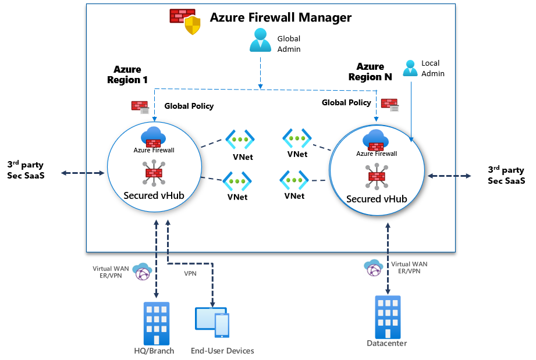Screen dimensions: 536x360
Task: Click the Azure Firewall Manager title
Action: pos(281,17)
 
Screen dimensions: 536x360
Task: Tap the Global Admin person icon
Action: pos(261,40)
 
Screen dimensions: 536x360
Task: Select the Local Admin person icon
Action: pos(410,68)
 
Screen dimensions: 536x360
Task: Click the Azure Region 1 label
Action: pos(127,74)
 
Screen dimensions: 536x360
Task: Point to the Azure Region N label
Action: pos(370,72)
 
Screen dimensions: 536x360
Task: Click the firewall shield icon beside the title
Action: pos(185,22)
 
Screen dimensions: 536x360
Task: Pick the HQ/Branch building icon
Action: pos(156,323)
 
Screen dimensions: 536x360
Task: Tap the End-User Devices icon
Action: pos(212,322)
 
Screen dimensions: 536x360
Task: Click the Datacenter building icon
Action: pos(388,317)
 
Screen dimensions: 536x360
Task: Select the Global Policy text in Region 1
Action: pos(189,106)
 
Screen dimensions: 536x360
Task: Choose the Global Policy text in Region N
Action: pos(346,102)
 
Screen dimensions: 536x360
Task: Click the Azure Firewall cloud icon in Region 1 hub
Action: pos(153,137)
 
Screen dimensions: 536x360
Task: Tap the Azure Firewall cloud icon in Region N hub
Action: pos(376,140)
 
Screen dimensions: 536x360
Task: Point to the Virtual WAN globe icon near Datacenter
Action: pos(373,268)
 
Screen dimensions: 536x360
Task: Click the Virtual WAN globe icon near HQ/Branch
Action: pos(142,272)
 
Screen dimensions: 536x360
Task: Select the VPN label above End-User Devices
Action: pos(190,273)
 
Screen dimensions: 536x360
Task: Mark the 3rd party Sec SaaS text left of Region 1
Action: pos(26,170)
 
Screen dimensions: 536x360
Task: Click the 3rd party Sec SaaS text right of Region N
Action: pos(506,175)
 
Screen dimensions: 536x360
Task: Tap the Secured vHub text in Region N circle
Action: pos(377,199)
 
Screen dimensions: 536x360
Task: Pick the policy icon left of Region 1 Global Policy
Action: pos(140,107)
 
